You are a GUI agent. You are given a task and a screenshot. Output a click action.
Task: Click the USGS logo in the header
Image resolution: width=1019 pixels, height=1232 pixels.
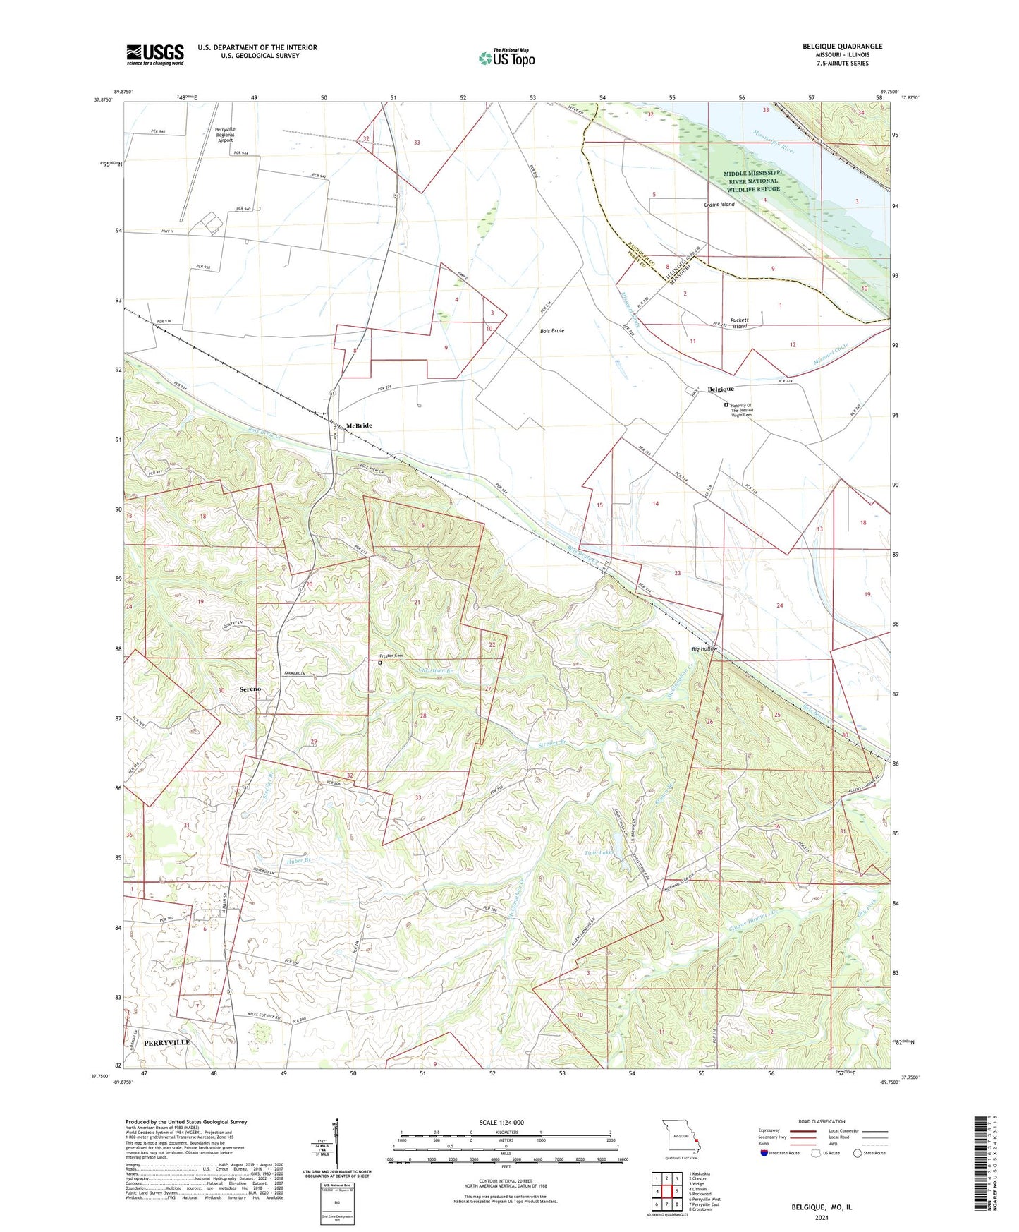click(x=155, y=54)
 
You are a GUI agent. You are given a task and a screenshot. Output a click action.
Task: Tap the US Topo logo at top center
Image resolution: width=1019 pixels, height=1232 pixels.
click(x=506, y=58)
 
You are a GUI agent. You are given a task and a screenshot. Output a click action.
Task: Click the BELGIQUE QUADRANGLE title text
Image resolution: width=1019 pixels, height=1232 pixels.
click(x=842, y=47)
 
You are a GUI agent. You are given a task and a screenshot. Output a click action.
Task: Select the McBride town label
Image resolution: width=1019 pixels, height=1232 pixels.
click(x=359, y=425)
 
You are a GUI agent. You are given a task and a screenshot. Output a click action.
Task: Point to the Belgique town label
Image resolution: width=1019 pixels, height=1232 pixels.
click(x=721, y=389)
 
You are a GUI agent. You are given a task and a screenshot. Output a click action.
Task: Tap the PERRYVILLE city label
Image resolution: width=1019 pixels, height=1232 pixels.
click(x=166, y=1042)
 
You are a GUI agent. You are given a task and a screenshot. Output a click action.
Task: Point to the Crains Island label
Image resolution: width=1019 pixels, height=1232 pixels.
click(x=719, y=205)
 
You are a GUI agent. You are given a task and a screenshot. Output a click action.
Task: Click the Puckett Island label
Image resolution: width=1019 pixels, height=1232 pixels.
click(x=739, y=323)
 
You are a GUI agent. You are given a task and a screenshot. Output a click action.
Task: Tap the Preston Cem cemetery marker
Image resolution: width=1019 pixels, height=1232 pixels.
click(x=379, y=663)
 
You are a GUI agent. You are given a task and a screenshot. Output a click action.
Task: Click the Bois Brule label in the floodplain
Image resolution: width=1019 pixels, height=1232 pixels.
click(x=552, y=330)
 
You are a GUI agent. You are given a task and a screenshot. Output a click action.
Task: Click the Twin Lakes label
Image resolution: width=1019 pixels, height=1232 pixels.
click(x=599, y=852)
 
